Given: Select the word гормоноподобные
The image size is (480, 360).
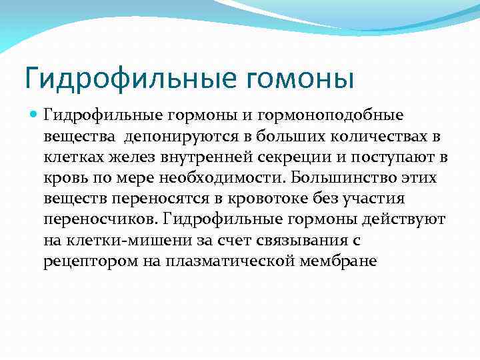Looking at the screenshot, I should pyautogui.click(x=345, y=115).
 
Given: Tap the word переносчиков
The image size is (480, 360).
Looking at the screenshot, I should pyautogui.click(x=99, y=219).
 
